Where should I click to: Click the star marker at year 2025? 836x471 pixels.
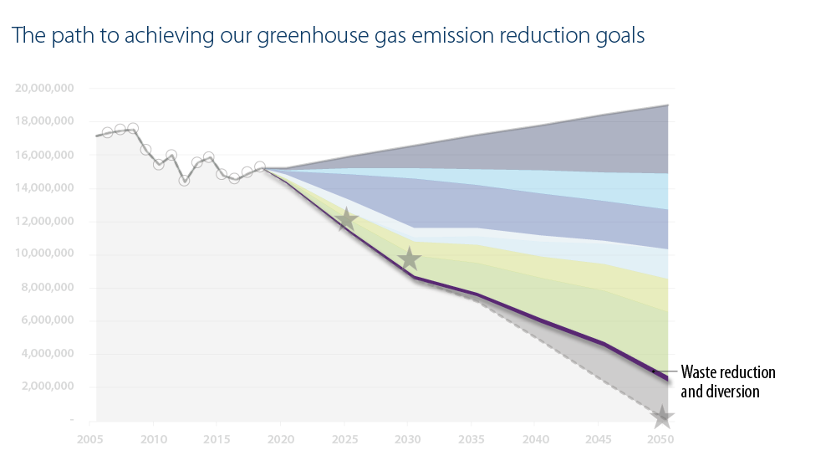[345, 221]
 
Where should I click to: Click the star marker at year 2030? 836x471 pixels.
[409, 259]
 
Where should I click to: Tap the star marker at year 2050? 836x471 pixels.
[662, 417]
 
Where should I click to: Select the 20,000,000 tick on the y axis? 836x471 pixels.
[45, 88]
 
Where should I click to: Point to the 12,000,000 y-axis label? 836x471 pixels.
[45, 221]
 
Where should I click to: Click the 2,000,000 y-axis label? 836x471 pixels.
[48, 387]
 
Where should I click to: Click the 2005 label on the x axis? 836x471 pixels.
[89, 438]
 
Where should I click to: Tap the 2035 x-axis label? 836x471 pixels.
[471, 438]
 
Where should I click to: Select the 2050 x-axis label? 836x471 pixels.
[661, 438]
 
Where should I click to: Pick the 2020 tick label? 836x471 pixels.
[280, 438]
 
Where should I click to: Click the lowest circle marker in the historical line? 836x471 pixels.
[184, 180]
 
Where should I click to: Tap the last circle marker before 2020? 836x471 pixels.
[260, 166]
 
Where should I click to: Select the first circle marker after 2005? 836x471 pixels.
[107, 132]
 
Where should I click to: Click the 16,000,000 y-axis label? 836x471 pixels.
[45, 155]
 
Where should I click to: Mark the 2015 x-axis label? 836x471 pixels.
[216, 438]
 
